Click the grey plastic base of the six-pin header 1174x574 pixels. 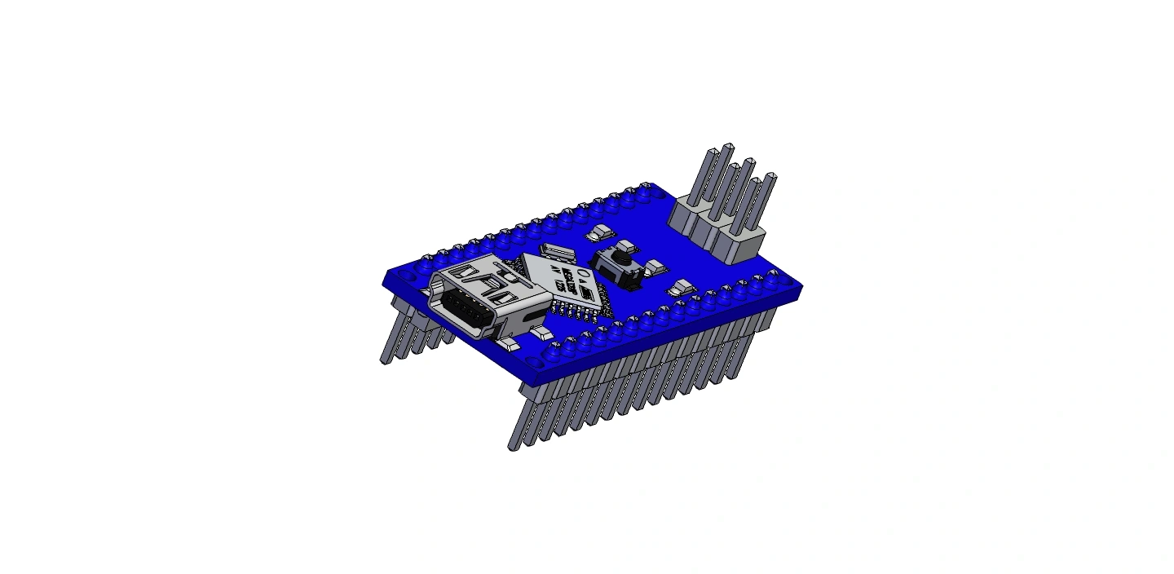[x=717, y=231]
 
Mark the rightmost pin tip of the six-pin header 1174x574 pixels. [x=770, y=177]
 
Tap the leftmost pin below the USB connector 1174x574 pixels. [x=386, y=359]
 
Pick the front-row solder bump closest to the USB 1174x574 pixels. [x=554, y=352]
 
